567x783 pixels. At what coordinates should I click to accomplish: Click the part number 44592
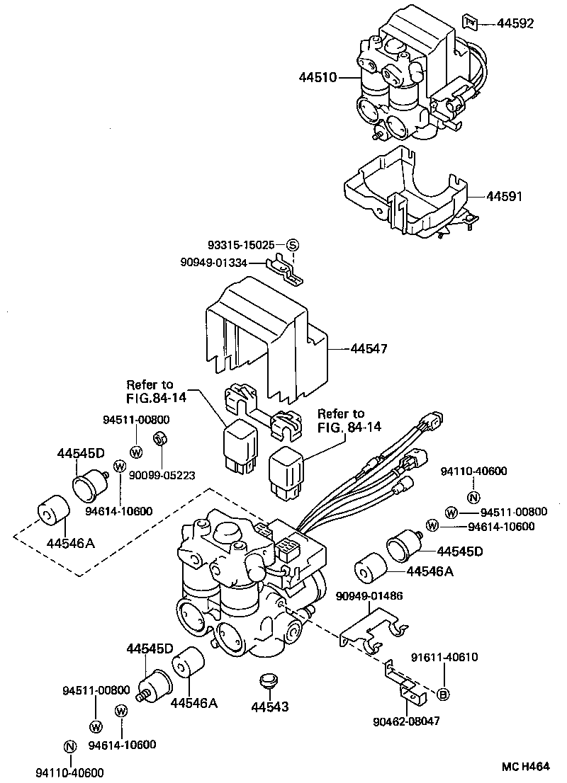tap(515, 23)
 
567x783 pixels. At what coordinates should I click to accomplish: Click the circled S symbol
tap(293, 245)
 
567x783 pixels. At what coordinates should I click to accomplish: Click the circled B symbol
tap(442, 694)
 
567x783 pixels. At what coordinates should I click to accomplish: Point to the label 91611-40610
tap(444, 657)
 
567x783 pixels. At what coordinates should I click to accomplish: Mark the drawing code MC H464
tap(525, 767)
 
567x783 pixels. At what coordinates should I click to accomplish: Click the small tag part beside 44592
tap(470, 22)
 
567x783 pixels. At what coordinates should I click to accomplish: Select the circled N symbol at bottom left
tap(69, 746)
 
